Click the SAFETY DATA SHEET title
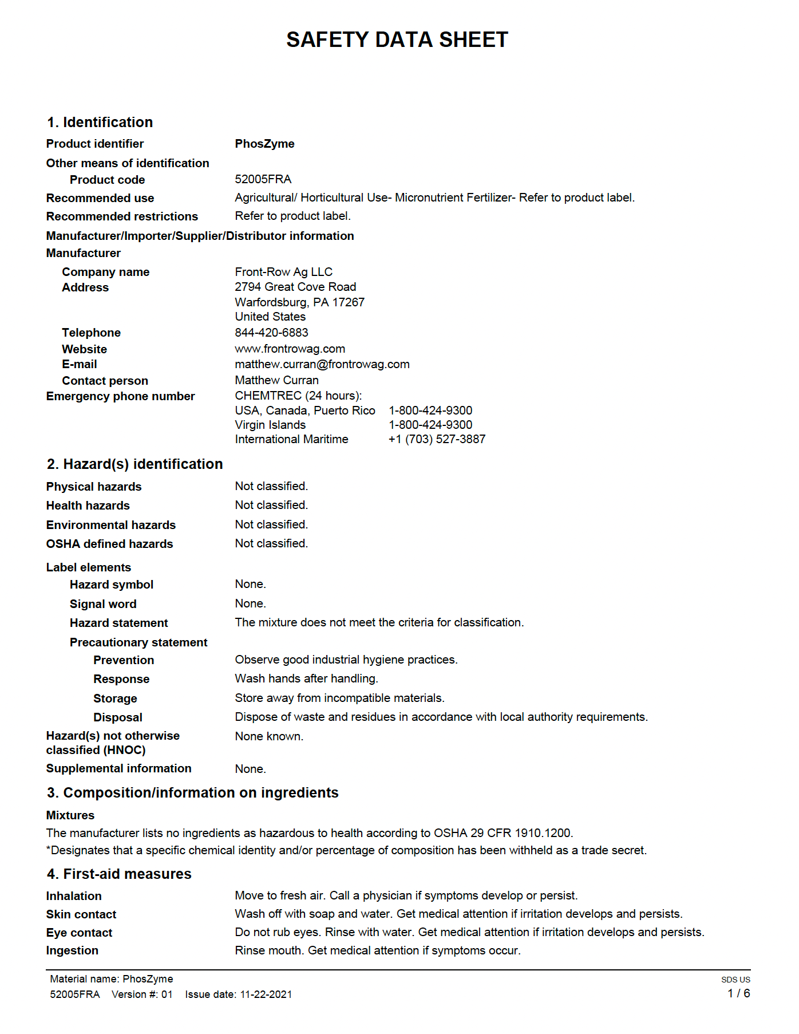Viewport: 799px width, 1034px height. [397, 40]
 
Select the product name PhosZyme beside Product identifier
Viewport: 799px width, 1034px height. [264, 144]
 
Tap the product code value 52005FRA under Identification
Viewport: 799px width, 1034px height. [263, 179]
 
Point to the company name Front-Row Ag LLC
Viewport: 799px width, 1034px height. [283, 272]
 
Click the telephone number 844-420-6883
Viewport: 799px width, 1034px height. [271, 333]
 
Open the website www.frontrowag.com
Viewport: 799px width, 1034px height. [290, 349]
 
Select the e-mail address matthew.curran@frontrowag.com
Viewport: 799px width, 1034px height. [322, 364]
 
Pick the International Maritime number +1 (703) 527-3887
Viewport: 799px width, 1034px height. [437, 439]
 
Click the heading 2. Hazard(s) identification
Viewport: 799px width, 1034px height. [135, 464]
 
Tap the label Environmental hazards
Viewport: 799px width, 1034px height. [111, 525]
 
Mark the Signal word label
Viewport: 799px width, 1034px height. [103, 604]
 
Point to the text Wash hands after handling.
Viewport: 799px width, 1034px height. [306, 678]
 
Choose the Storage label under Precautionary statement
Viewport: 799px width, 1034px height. [115, 698]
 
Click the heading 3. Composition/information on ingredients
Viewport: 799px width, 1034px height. [193, 792]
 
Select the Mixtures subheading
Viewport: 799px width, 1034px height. [70, 815]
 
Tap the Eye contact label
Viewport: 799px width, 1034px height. [79, 933]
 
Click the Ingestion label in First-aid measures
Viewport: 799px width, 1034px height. [72, 950]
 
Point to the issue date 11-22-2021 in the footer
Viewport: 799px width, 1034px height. [266, 994]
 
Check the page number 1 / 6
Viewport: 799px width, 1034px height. [738, 993]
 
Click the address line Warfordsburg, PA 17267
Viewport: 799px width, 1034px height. [299, 302]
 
